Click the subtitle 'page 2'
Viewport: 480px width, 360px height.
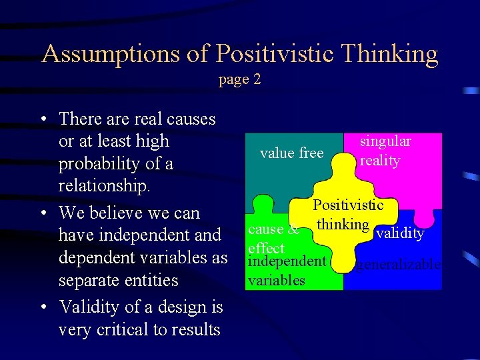239,79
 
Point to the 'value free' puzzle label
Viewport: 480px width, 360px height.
291,153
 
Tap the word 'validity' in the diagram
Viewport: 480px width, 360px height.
400,233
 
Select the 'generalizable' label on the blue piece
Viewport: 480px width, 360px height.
398,265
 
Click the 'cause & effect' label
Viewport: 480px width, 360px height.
270,239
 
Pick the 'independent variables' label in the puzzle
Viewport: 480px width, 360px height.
285,270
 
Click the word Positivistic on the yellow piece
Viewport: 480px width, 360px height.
348,205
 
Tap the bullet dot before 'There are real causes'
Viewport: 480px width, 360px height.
43,119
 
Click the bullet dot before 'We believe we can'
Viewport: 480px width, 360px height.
43,213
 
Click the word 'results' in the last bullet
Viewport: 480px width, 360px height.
197,330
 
